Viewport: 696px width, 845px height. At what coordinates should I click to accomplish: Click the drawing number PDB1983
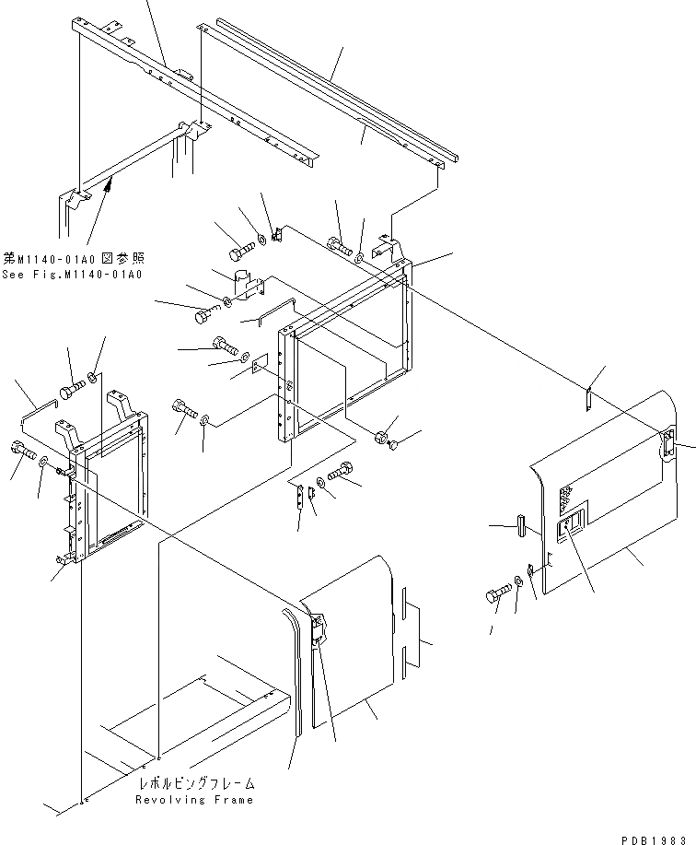[655, 834]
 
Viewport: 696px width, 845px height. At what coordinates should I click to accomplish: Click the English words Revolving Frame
[193, 799]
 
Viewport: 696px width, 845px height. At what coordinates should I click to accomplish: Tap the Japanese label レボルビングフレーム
[195, 783]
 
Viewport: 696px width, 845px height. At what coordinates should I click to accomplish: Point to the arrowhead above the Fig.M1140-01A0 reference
[110, 187]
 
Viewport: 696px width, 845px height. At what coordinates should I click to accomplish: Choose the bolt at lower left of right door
[498, 594]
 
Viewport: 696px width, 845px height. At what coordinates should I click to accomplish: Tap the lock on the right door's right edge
[668, 445]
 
